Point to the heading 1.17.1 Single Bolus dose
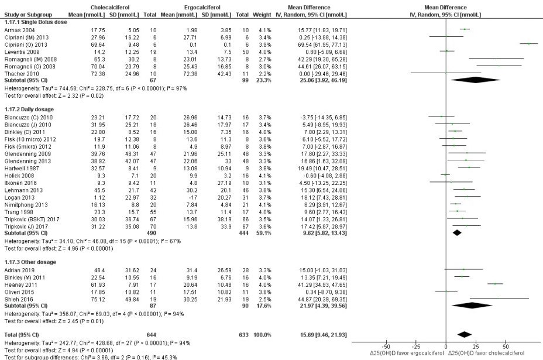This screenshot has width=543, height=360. (35, 22)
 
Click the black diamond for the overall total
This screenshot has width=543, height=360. (465, 335)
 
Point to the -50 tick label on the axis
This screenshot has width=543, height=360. (386, 347)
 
